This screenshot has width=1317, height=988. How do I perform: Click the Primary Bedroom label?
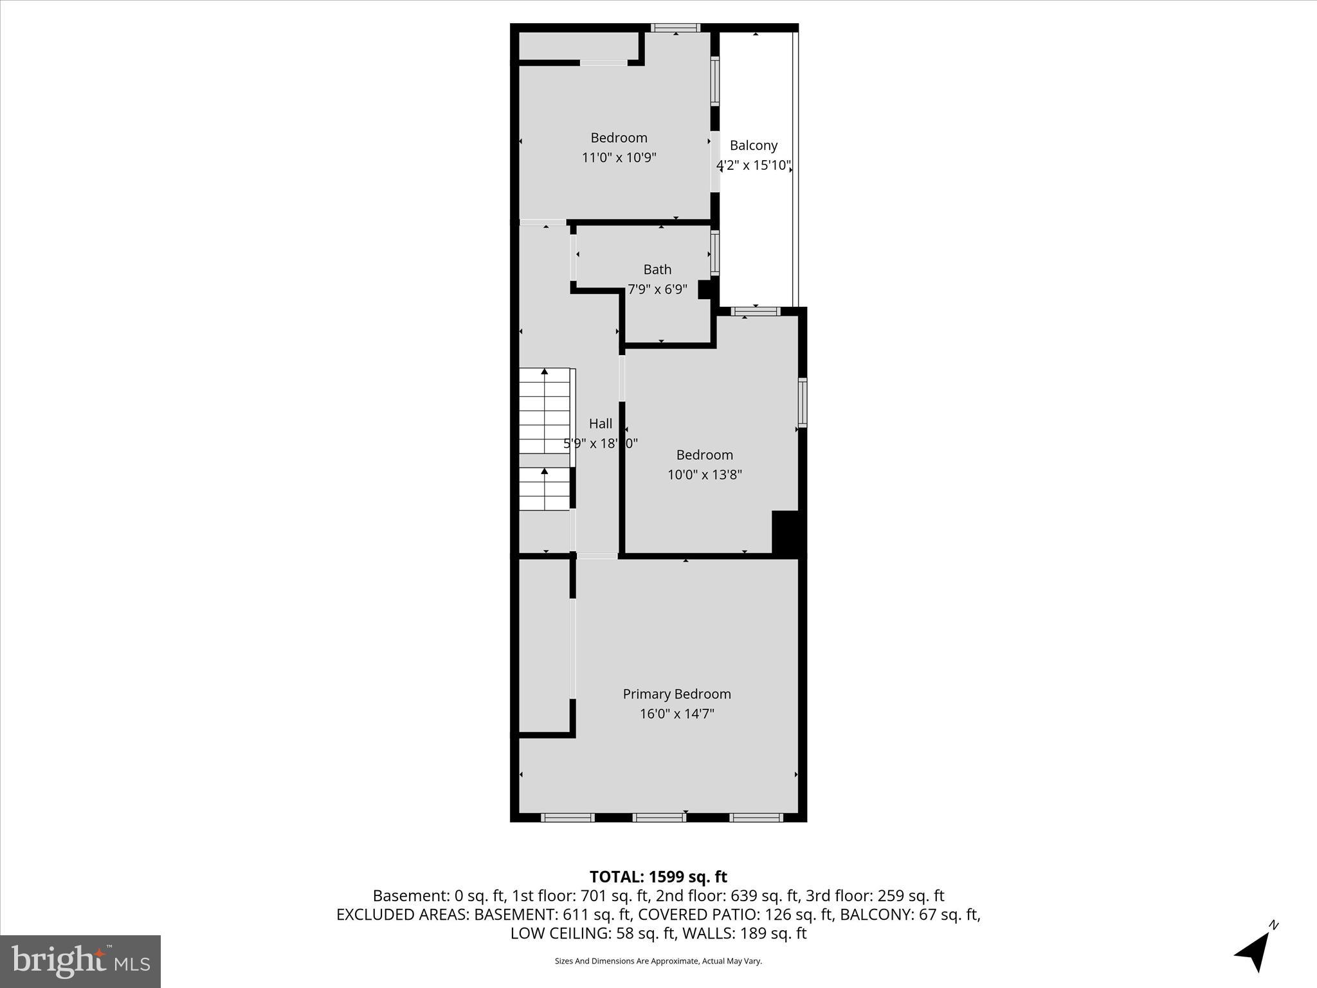tap(677, 694)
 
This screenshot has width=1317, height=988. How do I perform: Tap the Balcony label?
tap(754, 145)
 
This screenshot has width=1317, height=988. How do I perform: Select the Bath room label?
tap(657, 270)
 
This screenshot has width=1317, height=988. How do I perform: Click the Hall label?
tap(601, 423)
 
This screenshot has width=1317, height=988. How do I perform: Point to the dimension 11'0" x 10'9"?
tap(619, 158)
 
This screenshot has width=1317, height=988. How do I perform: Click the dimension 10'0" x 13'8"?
tap(705, 475)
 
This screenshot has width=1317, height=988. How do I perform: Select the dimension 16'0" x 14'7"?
tap(677, 713)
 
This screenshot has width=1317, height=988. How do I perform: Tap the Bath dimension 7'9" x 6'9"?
tap(657, 289)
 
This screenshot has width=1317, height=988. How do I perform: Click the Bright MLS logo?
tap(80, 961)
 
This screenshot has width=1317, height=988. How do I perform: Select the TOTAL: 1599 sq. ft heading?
tap(658, 877)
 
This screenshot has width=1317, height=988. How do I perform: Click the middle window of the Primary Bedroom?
tap(658, 818)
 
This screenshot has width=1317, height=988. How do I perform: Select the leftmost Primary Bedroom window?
tap(567, 818)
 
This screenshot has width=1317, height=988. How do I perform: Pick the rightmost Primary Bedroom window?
tap(756, 818)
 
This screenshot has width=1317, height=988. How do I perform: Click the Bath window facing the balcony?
tap(714, 253)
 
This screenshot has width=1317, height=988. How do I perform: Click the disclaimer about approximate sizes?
tap(658, 961)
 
